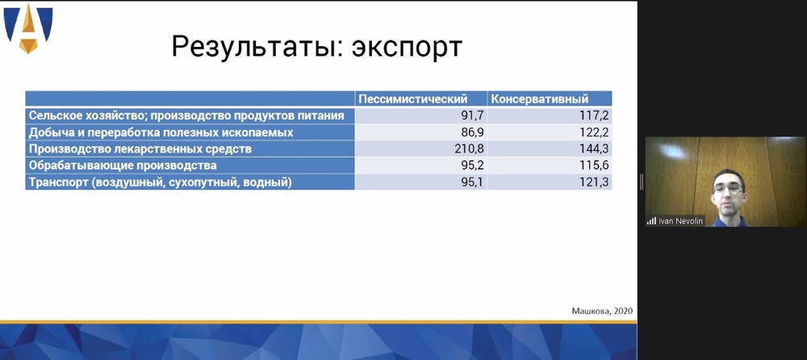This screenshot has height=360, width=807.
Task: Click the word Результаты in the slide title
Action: point(255,47)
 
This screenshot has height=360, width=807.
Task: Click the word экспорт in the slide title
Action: point(407,48)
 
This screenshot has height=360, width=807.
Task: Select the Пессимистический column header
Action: point(412,99)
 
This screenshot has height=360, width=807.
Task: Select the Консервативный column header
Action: point(539,99)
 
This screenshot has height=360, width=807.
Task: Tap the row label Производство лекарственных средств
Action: point(140,149)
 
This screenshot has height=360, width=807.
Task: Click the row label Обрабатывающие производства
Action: point(123,165)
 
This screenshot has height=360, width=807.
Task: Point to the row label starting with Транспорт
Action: point(160,182)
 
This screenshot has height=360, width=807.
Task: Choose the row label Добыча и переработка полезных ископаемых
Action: point(161,132)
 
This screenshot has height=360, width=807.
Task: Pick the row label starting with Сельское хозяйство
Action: point(186,115)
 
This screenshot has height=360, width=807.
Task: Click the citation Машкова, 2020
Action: point(602,311)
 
